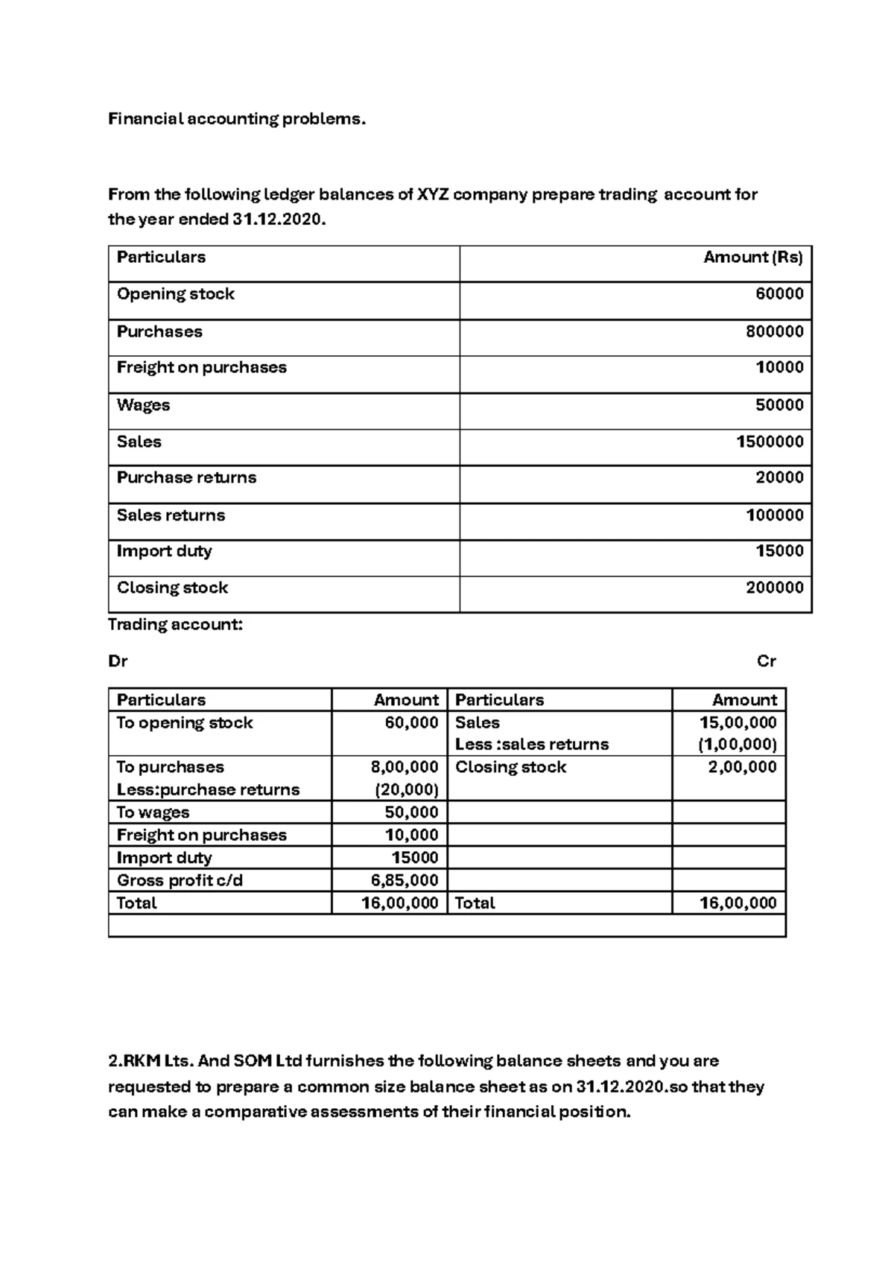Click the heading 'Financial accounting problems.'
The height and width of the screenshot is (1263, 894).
point(237,119)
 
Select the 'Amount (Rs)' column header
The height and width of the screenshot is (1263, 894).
point(752,258)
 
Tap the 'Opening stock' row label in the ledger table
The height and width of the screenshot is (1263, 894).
point(175,294)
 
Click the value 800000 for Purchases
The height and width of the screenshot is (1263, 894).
point(774,331)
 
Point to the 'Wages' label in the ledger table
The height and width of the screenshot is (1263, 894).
point(143,405)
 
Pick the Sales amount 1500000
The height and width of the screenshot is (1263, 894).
point(770,442)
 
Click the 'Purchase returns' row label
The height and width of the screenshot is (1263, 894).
point(186,477)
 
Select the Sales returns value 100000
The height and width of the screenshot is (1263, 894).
point(774,515)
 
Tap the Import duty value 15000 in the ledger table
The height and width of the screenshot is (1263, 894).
point(779,551)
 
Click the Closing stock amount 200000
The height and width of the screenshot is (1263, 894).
point(774,588)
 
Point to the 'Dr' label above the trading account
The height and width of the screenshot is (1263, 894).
point(118,661)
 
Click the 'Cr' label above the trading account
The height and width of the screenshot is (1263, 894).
point(766,661)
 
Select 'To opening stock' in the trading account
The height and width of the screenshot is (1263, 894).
point(185,723)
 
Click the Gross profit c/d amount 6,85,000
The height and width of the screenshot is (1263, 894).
point(405,880)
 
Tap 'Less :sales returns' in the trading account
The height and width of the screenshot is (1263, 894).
point(531,745)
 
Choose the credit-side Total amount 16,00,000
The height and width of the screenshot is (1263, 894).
point(738,903)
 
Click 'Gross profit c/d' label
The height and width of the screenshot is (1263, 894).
point(180,880)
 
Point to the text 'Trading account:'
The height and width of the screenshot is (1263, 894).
point(175,625)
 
